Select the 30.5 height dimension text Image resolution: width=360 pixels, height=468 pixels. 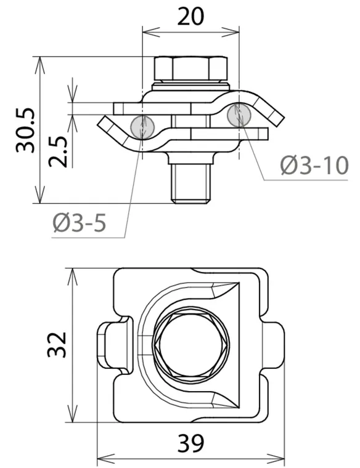(x=25, y=130)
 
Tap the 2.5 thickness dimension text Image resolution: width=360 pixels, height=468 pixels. (x=58, y=151)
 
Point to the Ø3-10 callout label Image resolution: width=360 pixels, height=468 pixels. (x=314, y=165)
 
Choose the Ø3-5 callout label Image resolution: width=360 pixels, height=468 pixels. (x=80, y=223)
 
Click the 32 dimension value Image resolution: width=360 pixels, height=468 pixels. (x=57, y=344)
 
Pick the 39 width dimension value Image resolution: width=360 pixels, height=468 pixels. (x=190, y=443)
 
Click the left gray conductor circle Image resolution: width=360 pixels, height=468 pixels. (x=142, y=127)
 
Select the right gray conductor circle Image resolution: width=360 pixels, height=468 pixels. (x=239, y=115)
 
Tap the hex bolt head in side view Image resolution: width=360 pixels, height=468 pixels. (x=190, y=68)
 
